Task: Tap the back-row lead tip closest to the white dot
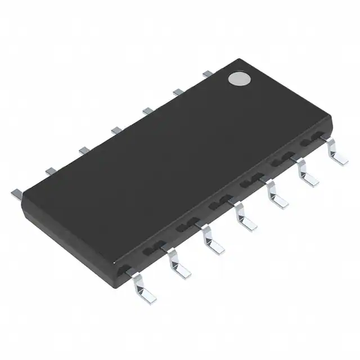click(x=207, y=73)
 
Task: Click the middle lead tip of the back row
click(x=116, y=130)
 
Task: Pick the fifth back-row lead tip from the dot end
click(x=84, y=150)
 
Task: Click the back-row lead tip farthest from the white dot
click(x=16, y=192)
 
